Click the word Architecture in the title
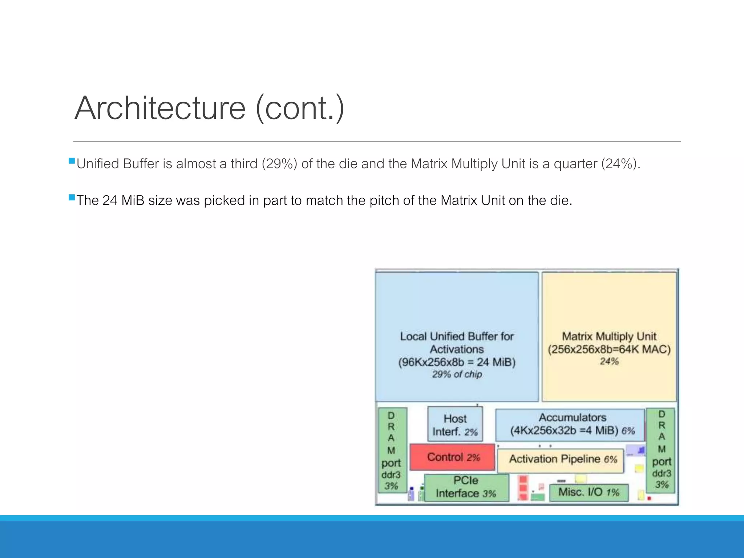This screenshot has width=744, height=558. point(160,108)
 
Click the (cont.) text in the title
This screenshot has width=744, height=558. point(300,108)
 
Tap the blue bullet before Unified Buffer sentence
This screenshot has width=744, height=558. point(72,161)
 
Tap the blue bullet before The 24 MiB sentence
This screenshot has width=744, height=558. point(72,198)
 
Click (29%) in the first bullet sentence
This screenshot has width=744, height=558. point(279,164)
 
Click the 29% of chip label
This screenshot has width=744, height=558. point(457,374)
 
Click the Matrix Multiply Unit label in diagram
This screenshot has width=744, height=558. point(609,336)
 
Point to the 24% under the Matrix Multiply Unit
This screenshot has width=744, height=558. point(609,361)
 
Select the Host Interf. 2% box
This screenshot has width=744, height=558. point(455,425)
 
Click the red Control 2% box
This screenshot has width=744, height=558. point(452,457)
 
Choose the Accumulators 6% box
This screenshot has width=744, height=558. point(570,424)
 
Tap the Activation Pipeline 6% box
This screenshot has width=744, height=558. point(561,460)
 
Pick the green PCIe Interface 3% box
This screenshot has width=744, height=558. point(466,488)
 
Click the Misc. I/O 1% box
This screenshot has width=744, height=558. point(589,492)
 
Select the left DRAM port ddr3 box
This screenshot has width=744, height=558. point(392,450)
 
